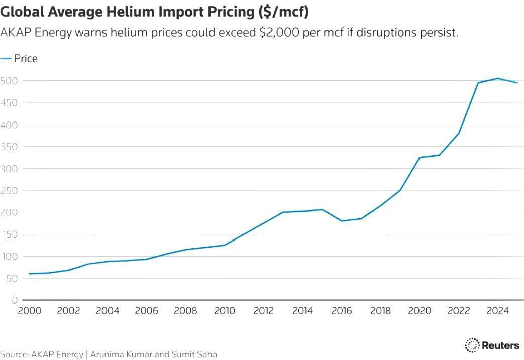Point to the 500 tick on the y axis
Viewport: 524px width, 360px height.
coord(9,81)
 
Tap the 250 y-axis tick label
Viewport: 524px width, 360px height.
coord(9,190)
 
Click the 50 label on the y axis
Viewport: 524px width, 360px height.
coord(11,278)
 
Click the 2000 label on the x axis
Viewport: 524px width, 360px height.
coord(29,311)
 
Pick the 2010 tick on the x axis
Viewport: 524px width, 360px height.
coord(225,311)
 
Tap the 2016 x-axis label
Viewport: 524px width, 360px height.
coord(342,311)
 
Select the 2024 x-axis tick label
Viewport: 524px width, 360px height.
coord(498,311)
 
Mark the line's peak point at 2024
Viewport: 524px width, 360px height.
coord(498,78)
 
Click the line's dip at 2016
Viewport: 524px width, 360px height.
coord(342,221)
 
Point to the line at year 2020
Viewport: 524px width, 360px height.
coord(420,158)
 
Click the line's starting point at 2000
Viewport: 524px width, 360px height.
coord(29,274)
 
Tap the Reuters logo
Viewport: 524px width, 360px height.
coord(492,345)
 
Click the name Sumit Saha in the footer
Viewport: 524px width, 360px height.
coord(195,354)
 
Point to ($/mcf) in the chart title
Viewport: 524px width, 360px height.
coord(284,11)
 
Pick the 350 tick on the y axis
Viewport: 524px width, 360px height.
coord(9,147)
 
